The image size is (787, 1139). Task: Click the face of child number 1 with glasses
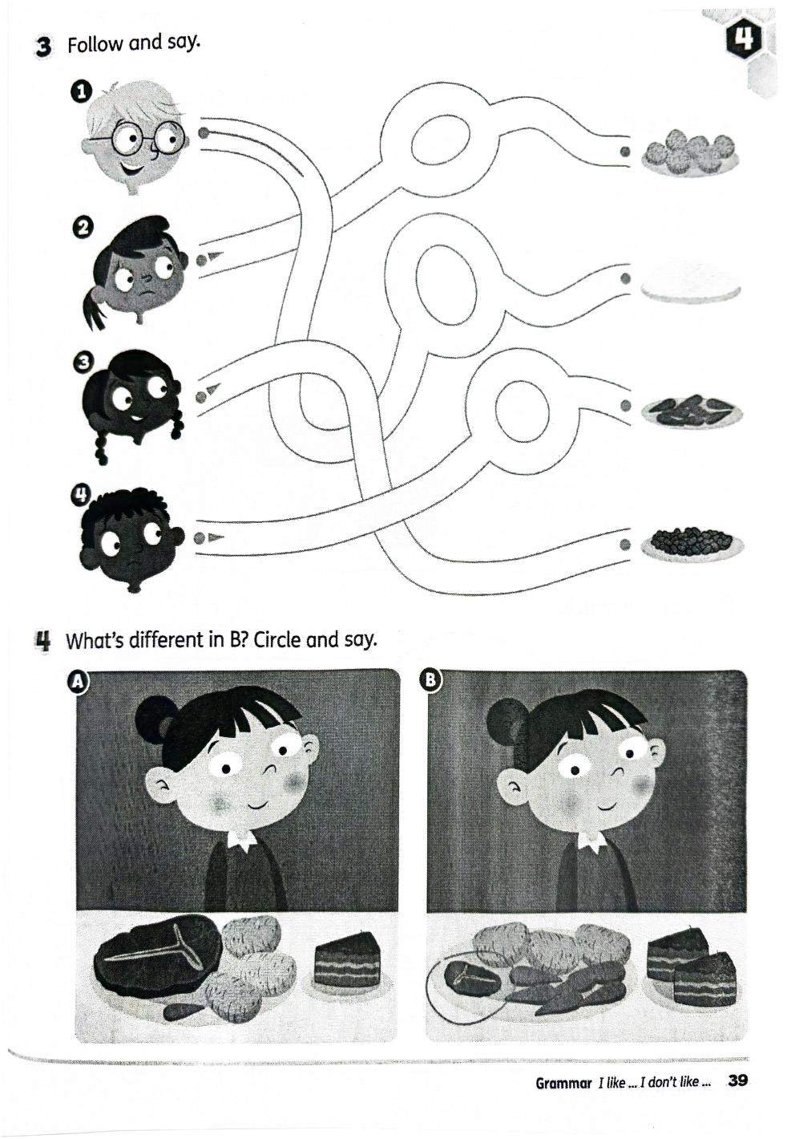coord(135,136)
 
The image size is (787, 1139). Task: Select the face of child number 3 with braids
coord(133,402)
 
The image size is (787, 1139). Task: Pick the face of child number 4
coord(131,539)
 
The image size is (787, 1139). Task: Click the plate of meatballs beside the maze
coord(690,152)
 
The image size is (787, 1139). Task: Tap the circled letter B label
coord(430,681)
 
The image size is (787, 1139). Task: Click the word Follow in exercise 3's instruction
coord(95,45)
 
